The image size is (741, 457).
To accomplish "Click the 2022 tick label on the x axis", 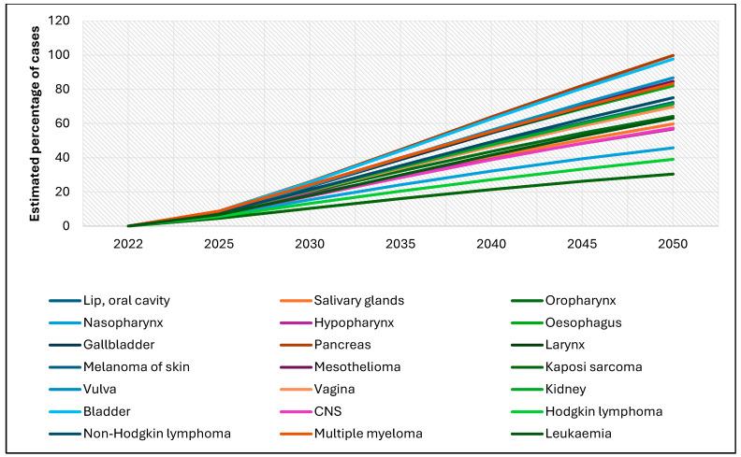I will point(128,243).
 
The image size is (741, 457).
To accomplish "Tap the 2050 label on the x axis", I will point(673,243).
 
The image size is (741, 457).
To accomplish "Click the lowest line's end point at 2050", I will point(673,174).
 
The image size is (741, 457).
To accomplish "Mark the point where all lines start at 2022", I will point(128,225).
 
